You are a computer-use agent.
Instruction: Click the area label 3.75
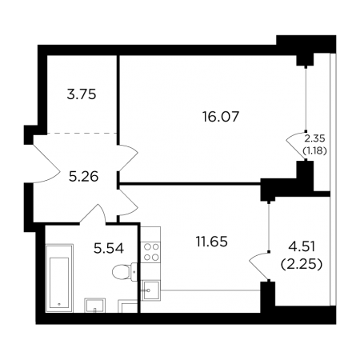[x=82, y=94]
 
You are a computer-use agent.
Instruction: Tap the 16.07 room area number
[x=221, y=117]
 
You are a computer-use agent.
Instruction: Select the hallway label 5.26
[x=83, y=177]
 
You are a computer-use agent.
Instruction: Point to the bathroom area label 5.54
[x=109, y=248]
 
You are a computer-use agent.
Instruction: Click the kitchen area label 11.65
[x=212, y=242]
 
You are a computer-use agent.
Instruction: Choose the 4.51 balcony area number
[x=302, y=246]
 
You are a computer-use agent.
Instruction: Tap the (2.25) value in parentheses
[x=302, y=264]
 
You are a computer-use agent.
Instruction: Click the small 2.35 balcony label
[x=314, y=138]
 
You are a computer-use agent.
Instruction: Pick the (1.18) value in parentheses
[x=314, y=151]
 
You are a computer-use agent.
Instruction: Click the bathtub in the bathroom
[x=59, y=278]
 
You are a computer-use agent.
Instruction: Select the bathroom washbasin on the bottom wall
[x=95, y=306]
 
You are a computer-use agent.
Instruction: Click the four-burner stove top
[x=151, y=252]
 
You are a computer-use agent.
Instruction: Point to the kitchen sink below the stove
[x=151, y=290]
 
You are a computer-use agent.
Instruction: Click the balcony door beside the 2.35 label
[x=294, y=146]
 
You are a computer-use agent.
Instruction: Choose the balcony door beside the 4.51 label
[x=258, y=266]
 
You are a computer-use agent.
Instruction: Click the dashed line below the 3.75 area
[x=82, y=133]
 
